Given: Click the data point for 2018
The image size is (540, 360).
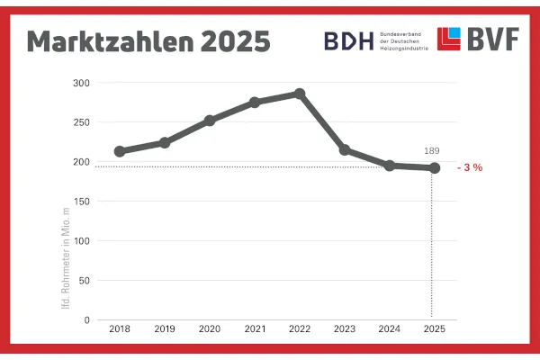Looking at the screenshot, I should (x=120, y=151).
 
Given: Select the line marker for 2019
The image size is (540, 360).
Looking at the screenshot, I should (x=165, y=142).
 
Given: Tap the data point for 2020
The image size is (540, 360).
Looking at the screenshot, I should (x=210, y=120).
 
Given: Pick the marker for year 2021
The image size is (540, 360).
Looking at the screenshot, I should (x=255, y=102).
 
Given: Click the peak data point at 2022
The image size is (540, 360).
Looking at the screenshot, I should (x=300, y=94).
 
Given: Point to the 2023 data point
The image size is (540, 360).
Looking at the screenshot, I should (x=345, y=149).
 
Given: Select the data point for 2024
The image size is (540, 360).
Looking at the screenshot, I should (x=389, y=166).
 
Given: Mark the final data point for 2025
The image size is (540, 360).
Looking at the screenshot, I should (x=434, y=168).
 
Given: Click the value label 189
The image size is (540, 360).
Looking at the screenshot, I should (x=433, y=151).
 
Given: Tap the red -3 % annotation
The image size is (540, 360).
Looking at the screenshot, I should (x=471, y=168).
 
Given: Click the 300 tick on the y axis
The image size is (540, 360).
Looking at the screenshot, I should (x=81, y=83).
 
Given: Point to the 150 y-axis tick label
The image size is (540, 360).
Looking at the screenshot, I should (x=81, y=202).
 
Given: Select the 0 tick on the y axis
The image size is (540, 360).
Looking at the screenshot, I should (x=86, y=319).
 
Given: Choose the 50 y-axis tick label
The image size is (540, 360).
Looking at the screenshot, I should (x=84, y=280).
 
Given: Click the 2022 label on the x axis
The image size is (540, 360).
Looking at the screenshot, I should (x=300, y=330).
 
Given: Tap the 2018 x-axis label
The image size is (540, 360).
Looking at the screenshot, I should (x=120, y=330).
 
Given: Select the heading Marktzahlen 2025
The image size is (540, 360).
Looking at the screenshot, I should (x=148, y=41).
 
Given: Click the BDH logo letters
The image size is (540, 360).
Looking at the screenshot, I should (x=348, y=40).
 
